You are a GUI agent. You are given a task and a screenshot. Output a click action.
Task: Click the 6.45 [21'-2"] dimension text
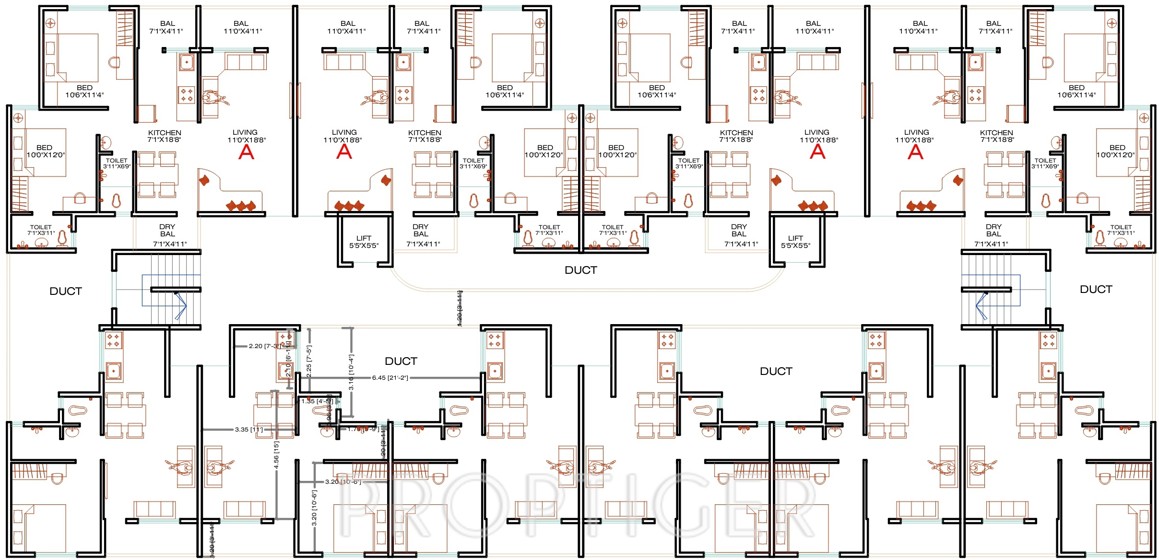[x=390, y=378]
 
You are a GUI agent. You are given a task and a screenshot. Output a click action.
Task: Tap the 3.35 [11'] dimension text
[x=248, y=430]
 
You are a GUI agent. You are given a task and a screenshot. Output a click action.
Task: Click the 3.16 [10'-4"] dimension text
[x=351, y=372]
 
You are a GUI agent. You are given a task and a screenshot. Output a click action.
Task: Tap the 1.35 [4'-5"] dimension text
[x=317, y=401]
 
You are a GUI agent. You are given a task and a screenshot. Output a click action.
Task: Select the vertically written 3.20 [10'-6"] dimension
[x=314, y=507]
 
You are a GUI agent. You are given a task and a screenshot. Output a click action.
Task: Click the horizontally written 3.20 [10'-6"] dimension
[x=343, y=482]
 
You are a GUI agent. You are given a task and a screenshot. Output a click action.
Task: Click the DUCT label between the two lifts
[x=581, y=270]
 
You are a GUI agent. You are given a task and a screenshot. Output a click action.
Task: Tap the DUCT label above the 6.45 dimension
[x=401, y=362]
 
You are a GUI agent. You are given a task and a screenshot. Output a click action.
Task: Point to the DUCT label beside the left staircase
[x=66, y=292]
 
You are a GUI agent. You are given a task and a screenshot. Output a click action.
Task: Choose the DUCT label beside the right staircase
[x=1096, y=290]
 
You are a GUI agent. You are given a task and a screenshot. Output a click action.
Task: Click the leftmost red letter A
[x=246, y=152]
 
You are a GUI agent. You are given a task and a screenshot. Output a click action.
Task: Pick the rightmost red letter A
[x=915, y=152]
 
